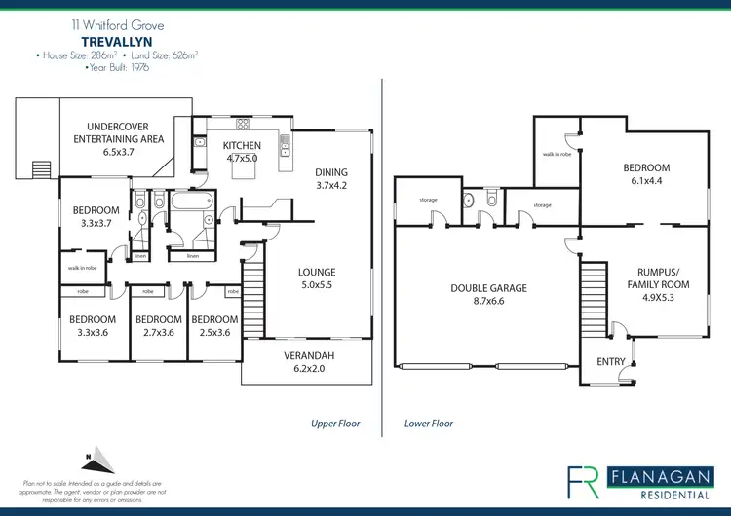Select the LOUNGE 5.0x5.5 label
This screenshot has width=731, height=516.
[317, 278]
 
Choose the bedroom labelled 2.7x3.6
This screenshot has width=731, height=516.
[158, 325]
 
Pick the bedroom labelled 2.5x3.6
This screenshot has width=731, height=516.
[214, 325]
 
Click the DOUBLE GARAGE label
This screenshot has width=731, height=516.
[488, 294]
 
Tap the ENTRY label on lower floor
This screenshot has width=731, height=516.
[611, 362]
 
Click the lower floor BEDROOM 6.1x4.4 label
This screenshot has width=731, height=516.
[646, 174]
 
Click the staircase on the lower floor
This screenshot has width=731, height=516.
[594, 293]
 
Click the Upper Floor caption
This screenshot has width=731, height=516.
[335, 424]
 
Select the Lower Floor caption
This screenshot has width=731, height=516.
[429, 424]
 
